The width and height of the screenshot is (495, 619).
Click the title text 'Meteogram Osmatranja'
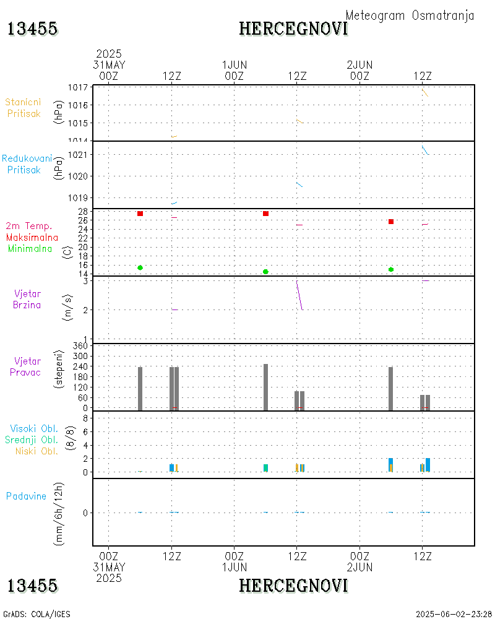pyautogui.click(x=410, y=16)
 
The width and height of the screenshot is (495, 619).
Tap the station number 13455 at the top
pyautogui.click(x=32, y=28)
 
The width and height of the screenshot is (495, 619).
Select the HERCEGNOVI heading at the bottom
pyautogui.click(x=293, y=585)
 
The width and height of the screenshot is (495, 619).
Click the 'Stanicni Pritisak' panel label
pyautogui.click(x=24, y=108)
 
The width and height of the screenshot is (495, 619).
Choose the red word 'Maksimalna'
pyautogui.click(x=32, y=238)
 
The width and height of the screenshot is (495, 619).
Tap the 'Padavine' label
pyautogui.click(x=26, y=496)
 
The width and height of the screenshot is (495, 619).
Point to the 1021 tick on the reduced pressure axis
pyautogui.click(x=80, y=155)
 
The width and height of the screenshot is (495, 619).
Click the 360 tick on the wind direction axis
pyautogui.click(x=81, y=346)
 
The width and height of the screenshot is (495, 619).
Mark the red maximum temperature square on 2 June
pyautogui.click(x=391, y=222)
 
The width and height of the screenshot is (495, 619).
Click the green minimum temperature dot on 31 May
pyautogui.click(x=140, y=267)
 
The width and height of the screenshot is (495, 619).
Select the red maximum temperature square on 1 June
pyautogui.click(x=265, y=214)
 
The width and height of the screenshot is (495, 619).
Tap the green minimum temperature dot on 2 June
pyautogui.click(x=391, y=269)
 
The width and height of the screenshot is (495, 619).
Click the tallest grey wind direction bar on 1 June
pyautogui.click(x=265, y=387)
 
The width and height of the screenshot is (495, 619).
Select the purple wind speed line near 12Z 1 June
pyautogui.click(x=299, y=296)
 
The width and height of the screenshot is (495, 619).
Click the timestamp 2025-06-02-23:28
pyautogui.click(x=454, y=614)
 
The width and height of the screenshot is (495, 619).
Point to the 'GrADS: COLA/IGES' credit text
pyautogui.click(x=37, y=614)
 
